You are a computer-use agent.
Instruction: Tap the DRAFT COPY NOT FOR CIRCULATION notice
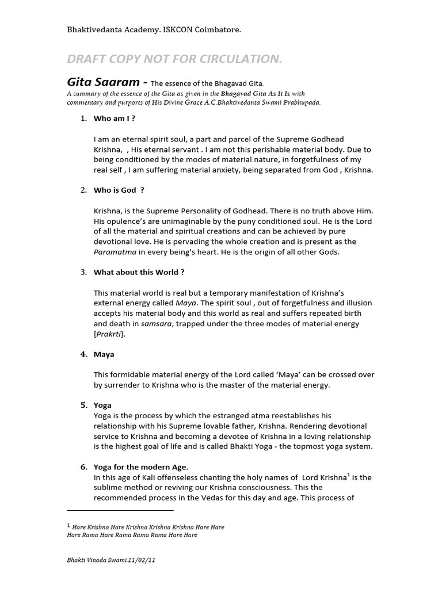[175, 59]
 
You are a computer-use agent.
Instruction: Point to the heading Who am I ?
[115, 118]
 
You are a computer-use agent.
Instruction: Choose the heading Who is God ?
[119, 190]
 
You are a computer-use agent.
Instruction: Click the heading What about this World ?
[139, 272]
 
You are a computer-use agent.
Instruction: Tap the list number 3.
[83, 272]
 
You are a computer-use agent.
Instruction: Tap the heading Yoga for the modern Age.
[141, 466]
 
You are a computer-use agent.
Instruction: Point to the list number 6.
[83, 466]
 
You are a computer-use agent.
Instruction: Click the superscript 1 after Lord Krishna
[348, 475]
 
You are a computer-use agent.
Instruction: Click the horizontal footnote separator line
[120, 510]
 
